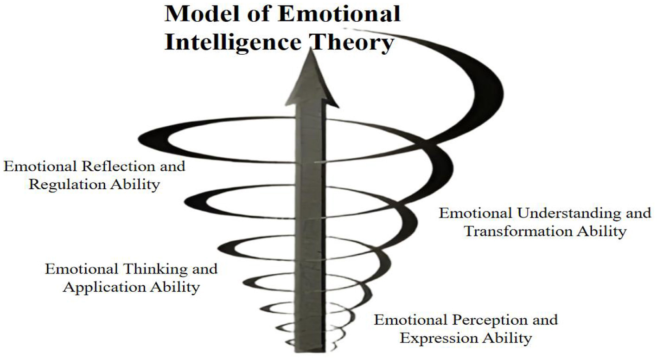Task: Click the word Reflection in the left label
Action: coord(118,166)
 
